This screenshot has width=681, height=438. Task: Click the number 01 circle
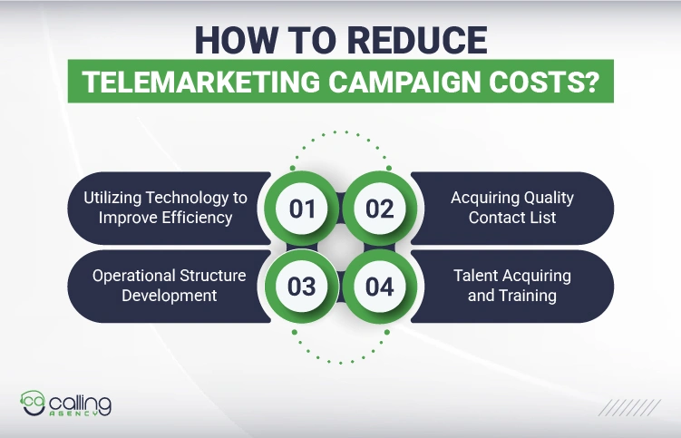click(302, 209)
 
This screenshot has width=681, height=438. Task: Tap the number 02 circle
click(380, 209)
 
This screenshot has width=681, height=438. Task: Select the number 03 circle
click(302, 287)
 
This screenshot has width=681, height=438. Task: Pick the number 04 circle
click(380, 287)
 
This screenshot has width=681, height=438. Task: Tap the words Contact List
click(512, 218)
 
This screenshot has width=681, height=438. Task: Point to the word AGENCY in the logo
click(86, 413)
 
